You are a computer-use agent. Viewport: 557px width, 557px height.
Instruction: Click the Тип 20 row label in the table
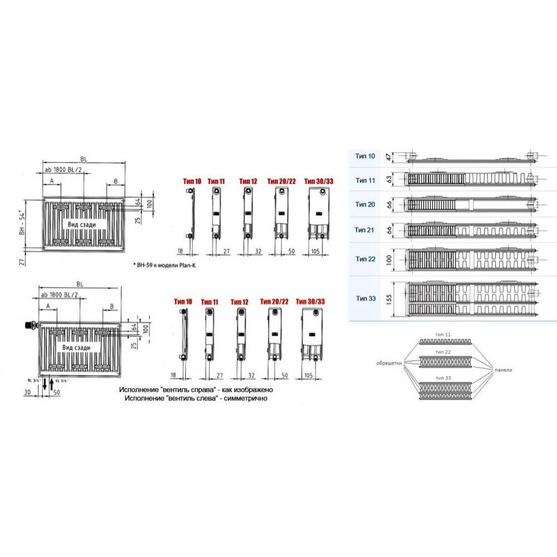(x=365, y=204)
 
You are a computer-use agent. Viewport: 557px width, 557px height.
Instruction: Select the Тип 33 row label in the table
(x=365, y=299)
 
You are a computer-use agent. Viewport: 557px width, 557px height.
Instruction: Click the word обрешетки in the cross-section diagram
(x=390, y=363)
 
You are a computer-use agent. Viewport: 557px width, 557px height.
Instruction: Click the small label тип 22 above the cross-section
(x=444, y=353)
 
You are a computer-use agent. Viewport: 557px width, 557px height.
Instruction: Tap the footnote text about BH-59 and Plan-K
(x=165, y=266)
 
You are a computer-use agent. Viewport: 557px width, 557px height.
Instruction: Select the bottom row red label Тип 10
(x=183, y=301)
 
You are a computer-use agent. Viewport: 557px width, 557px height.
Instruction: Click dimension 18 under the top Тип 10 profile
(x=180, y=251)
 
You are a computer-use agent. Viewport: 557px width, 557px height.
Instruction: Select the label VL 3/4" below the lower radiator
(x=61, y=381)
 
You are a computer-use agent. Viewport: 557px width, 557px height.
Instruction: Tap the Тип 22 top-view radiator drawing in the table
(x=471, y=259)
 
